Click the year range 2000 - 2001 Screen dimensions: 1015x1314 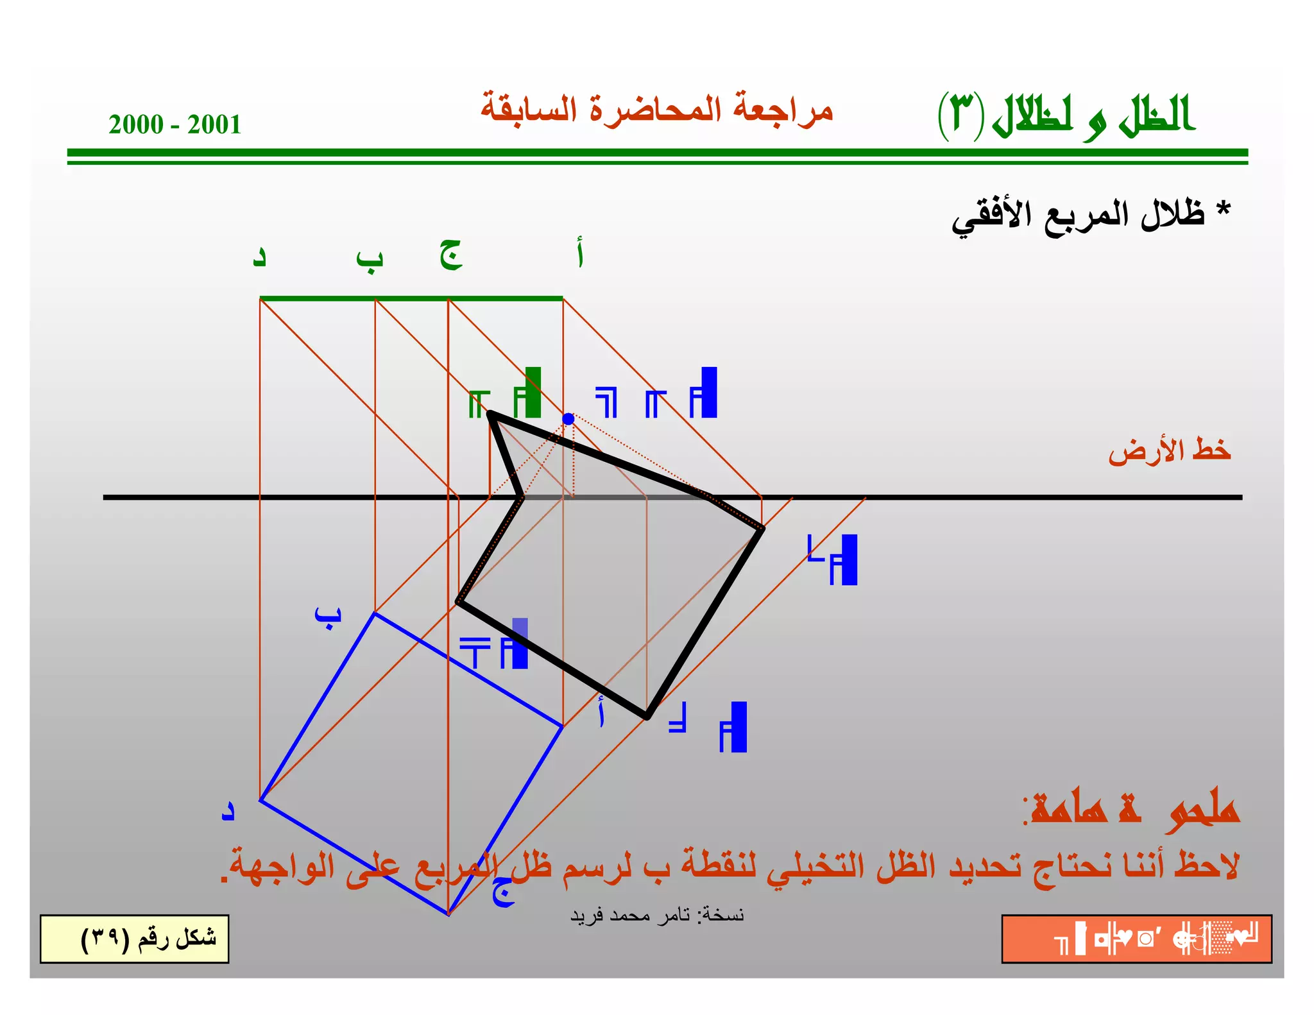(x=175, y=124)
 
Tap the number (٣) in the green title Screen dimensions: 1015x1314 (x=960, y=114)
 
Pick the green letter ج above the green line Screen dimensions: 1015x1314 (x=451, y=255)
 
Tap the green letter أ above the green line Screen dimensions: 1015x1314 (x=579, y=253)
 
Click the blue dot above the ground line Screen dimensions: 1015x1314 (x=568, y=419)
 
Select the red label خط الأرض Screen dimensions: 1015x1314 (x=1169, y=450)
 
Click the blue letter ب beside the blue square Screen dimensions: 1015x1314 (x=328, y=617)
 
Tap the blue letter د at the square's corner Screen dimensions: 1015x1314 (x=228, y=810)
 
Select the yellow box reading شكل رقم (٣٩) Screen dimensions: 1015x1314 (x=135, y=939)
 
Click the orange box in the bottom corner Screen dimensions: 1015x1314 (x=1136, y=939)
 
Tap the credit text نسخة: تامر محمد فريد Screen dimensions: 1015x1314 (x=656, y=915)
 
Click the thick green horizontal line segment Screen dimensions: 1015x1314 (x=411, y=298)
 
